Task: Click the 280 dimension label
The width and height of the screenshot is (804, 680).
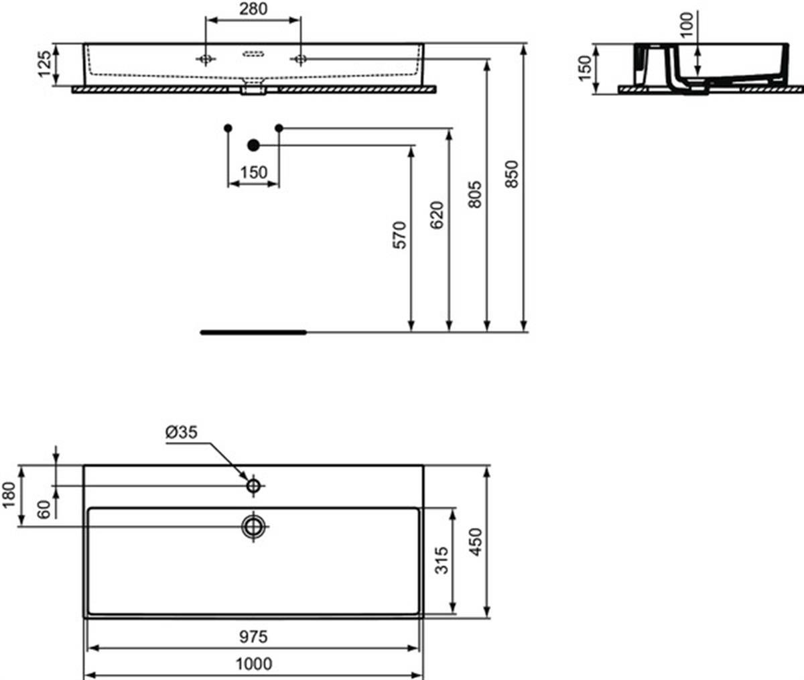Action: click(x=253, y=9)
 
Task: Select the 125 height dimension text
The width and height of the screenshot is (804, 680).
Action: click(x=45, y=64)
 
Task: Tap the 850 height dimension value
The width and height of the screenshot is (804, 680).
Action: click(x=512, y=174)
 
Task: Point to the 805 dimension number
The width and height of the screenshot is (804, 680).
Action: click(x=475, y=194)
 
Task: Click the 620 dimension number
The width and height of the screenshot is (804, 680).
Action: click(x=437, y=215)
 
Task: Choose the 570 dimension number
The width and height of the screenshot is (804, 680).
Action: click(x=400, y=235)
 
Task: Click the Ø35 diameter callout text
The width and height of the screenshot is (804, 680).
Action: click(x=182, y=432)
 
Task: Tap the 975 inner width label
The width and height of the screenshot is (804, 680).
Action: click(x=253, y=636)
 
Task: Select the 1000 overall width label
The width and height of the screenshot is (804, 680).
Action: click(x=254, y=664)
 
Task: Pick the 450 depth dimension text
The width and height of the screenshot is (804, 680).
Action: click(x=476, y=542)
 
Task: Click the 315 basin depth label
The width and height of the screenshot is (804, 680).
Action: click(x=442, y=560)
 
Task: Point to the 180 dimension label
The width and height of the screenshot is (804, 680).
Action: click(x=9, y=495)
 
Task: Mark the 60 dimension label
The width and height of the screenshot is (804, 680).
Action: click(x=45, y=509)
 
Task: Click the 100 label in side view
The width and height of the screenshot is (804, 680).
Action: click(x=687, y=25)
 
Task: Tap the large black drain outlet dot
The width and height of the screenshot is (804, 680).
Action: click(x=253, y=146)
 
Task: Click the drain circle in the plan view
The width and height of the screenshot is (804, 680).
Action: click(x=253, y=526)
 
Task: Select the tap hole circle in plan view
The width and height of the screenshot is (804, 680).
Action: click(x=253, y=486)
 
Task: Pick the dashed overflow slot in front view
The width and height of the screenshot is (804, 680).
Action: click(x=253, y=54)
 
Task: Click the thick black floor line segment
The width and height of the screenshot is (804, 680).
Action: click(x=253, y=333)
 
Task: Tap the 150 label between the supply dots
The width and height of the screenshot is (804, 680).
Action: click(x=254, y=172)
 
